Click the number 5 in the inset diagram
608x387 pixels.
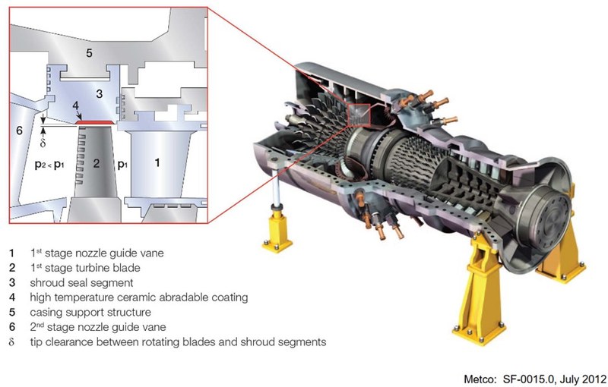coord(89,53)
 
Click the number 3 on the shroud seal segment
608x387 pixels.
coord(99,93)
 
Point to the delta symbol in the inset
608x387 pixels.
coord(43,141)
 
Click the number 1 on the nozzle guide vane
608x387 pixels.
coord(157,162)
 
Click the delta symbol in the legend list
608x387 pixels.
coord(12,341)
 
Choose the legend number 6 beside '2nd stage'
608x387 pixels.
coord(12,326)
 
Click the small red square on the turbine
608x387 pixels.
coord(359,115)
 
